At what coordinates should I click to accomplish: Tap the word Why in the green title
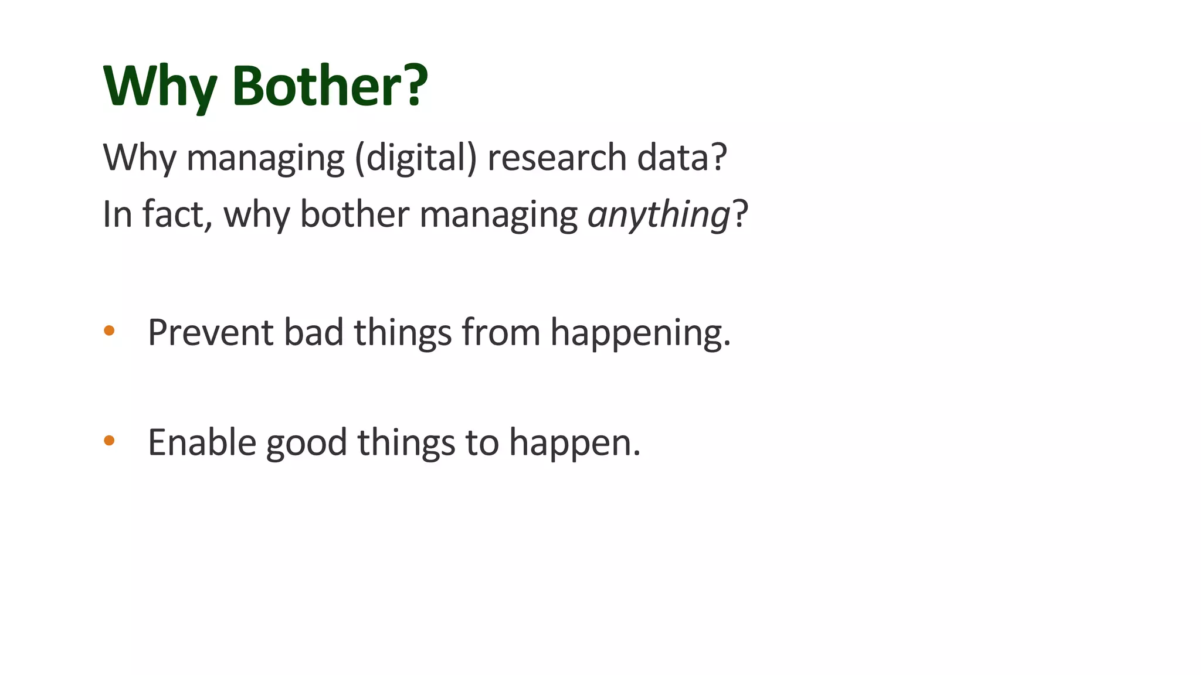pos(160,86)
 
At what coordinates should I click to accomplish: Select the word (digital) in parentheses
pos(416,158)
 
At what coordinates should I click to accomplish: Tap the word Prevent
pos(211,332)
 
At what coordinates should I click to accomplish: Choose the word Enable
pos(202,442)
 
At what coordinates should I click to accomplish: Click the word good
pos(307,444)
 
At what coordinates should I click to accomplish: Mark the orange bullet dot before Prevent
pos(109,331)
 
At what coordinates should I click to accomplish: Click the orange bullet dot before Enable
pos(109,441)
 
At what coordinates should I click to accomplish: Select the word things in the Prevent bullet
pos(403,332)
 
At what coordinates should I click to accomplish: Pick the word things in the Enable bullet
pos(406,442)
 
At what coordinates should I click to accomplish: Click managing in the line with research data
pos(266,159)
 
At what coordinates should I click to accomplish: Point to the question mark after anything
pos(741,214)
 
